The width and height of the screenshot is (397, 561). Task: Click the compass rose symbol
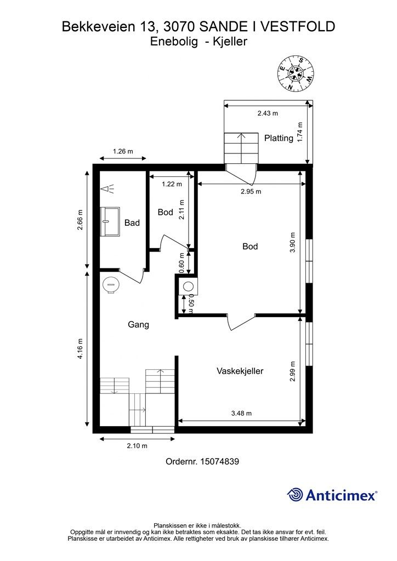tap(296, 74)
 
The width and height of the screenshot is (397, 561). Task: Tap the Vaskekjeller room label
tap(240, 371)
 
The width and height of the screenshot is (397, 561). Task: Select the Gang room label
tap(138, 324)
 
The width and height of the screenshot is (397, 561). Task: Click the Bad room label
tap(132, 223)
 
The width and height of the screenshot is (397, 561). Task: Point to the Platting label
tap(279, 138)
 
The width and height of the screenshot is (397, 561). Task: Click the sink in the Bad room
tap(110, 221)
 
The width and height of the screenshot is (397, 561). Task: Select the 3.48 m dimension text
tap(241, 413)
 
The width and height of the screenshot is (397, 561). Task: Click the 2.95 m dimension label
tap(251, 191)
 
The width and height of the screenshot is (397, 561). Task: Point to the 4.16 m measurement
tap(80, 349)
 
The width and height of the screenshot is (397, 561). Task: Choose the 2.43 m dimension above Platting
tap(268, 113)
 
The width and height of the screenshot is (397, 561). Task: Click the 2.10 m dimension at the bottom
tap(137, 446)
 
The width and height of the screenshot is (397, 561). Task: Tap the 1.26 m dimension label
tap(123, 151)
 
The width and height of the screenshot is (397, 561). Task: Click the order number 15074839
tap(219, 461)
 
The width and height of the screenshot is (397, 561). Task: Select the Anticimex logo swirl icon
tap(294, 495)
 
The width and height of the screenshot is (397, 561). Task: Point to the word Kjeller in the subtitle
tap(230, 42)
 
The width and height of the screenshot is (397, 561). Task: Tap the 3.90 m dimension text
tap(293, 243)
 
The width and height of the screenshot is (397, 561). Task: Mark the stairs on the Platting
tap(241, 148)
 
